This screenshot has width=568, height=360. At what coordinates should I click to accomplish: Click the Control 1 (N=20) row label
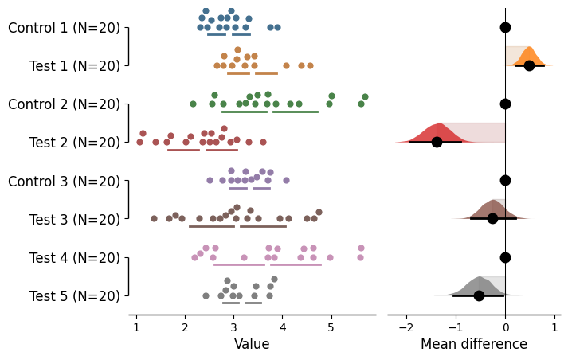point(64,28)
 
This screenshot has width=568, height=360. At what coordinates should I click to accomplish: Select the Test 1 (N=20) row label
point(75,66)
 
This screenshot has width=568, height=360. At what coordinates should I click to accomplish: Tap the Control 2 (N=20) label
point(64,104)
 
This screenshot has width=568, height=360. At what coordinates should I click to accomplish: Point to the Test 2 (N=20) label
point(75,143)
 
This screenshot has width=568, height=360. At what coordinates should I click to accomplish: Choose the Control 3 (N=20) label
point(64,181)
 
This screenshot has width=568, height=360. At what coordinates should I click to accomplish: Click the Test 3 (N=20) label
point(75,219)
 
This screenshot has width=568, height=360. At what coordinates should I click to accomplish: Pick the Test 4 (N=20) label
point(75,257)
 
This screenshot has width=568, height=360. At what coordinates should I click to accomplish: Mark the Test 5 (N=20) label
point(75,295)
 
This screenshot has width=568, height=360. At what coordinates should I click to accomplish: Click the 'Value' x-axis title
point(252,344)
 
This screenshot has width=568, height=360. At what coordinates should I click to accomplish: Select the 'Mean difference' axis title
point(474,344)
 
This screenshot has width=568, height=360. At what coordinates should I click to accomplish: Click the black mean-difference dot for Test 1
point(529,65)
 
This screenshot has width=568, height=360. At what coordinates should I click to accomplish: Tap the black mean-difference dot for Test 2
point(437,142)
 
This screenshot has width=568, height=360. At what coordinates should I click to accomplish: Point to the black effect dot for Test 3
point(492,218)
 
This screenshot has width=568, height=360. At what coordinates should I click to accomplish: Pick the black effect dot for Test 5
point(479,295)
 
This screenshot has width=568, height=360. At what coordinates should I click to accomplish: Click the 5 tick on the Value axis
point(331,327)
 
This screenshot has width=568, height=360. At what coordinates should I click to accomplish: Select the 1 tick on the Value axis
point(136,327)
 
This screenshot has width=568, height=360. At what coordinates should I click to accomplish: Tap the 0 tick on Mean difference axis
point(505,327)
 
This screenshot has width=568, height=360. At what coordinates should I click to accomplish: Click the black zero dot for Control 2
point(505,104)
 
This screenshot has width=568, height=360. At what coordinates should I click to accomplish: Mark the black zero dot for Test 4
point(505,257)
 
